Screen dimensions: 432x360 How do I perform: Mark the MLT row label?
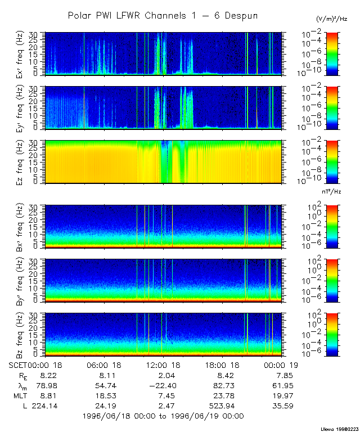point(19,395)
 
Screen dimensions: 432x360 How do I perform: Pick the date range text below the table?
point(163,416)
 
